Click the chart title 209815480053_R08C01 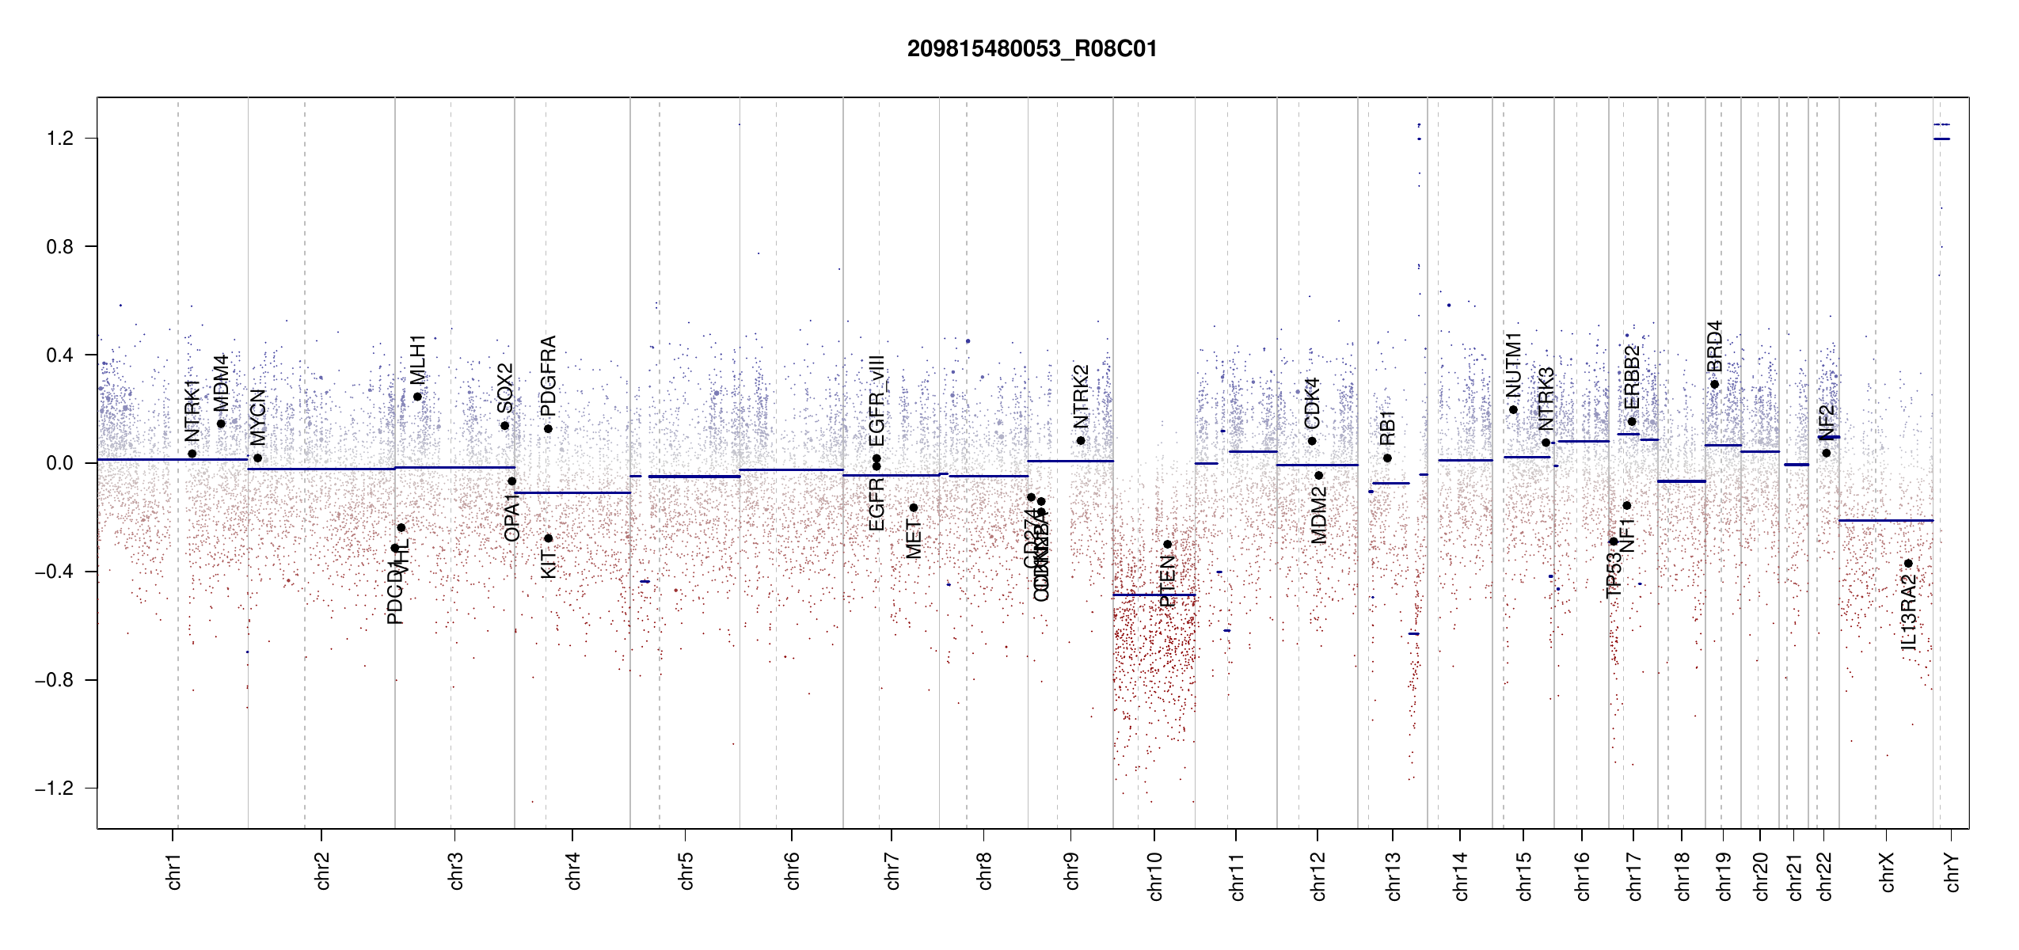coord(1032,49)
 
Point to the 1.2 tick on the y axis coord(59,139)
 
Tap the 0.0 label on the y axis coord(59,463)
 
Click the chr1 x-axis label coord(174,872)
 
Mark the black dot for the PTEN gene coord(1167,545)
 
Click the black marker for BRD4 coord(1714,385)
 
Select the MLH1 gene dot coord(417,397)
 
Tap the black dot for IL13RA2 coord(1908,564)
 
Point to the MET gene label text coord(914,539)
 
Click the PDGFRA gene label coord(548,376)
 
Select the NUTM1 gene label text coord(1513,365)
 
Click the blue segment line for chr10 coord(1154,595)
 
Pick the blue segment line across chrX coord(1885,520)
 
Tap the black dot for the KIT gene coord(548,538)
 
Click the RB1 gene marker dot coord(1387,458)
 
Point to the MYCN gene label coord(257,417)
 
